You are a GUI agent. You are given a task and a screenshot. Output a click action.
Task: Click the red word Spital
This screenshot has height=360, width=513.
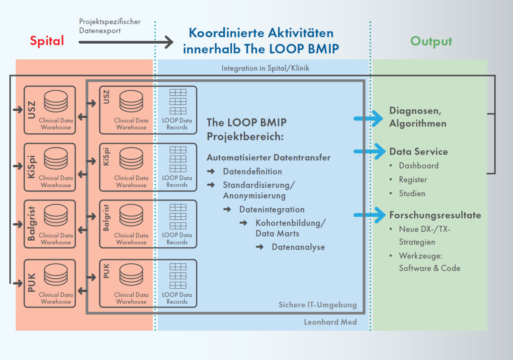point(47,41)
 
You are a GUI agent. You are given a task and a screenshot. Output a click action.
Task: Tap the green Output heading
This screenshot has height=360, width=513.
point(431,41)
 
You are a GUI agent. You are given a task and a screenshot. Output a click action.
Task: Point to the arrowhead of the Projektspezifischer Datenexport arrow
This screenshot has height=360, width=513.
point(169,42)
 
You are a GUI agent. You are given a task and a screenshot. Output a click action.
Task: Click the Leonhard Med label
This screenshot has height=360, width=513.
point(330,322)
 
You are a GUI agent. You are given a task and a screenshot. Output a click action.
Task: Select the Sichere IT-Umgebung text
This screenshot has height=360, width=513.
point(318,305)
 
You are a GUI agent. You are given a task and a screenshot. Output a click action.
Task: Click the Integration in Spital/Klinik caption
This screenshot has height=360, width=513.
point(265,68)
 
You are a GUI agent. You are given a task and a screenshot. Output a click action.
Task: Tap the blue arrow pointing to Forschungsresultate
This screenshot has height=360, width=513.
point(369,215)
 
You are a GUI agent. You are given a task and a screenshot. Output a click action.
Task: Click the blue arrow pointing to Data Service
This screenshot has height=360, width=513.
point(369,151)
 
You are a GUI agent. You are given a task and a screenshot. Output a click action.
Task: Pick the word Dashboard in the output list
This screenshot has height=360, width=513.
point(419,165)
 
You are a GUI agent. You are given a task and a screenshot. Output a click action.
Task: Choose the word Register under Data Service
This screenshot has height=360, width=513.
point(413,180)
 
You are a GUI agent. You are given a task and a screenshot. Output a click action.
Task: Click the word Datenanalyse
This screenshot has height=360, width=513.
point(298,247)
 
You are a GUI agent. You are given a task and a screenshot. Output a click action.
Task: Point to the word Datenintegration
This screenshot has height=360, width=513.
point(272,210)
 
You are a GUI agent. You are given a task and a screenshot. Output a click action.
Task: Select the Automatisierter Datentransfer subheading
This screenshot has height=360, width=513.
point(268,158)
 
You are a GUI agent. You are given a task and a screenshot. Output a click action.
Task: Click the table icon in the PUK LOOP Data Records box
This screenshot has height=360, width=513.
point(178,276)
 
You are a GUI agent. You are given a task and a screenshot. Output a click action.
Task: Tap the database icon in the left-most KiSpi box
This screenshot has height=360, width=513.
point(56,158)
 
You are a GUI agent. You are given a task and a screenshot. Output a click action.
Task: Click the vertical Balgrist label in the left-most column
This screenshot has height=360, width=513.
point(31,224)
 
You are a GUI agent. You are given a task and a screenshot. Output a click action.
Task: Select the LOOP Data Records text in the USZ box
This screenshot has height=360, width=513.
point(177,124)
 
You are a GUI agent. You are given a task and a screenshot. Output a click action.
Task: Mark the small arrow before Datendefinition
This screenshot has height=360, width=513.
point(211,171)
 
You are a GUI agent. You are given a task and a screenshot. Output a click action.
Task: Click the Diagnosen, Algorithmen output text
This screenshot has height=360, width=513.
point(418,117)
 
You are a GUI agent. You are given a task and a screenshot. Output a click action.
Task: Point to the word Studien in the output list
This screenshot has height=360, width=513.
point(412,194)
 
